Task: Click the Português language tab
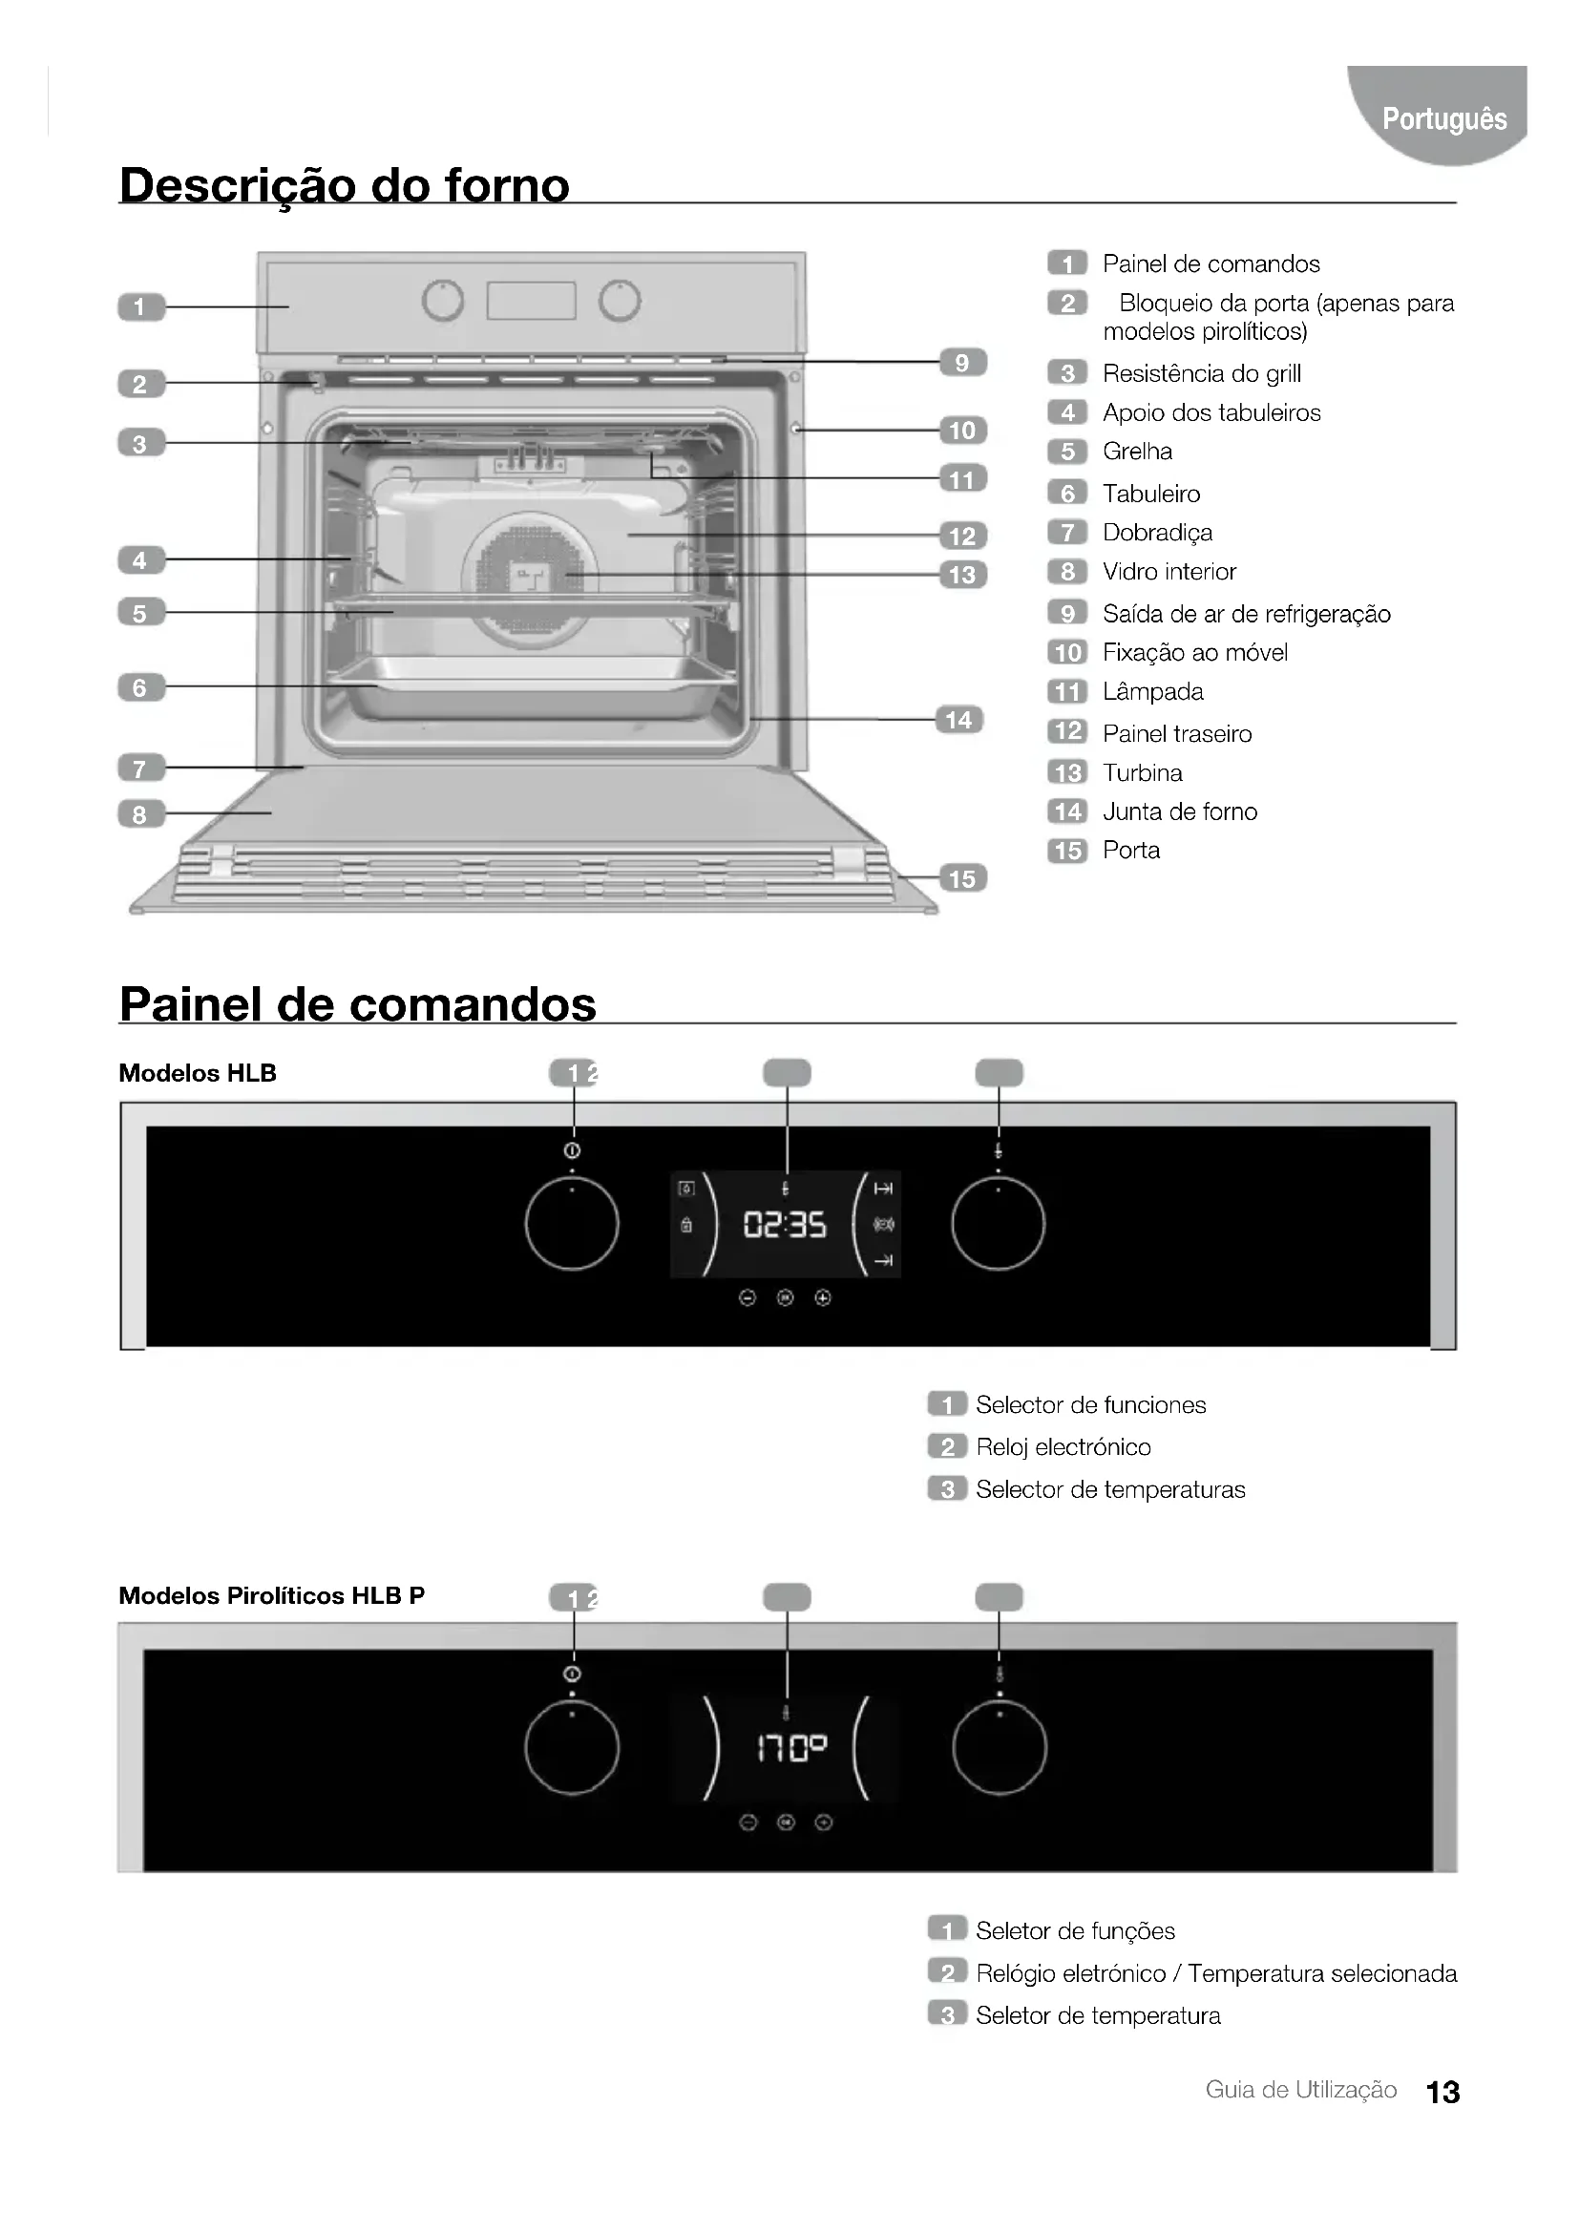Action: [1442, 118]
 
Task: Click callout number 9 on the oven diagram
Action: [961, 363]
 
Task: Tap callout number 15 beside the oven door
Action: [961, 878]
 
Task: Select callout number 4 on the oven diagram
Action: [141, 560]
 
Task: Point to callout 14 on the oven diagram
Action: [958, 720]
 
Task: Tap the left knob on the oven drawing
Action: [442, 301]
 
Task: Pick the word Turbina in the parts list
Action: [1143, 773]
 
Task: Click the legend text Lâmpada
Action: [1152, 691]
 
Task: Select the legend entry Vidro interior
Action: [1168, 572]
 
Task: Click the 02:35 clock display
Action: [785, 1225]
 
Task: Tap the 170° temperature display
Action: [791, 1751]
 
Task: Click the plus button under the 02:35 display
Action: [823, 1297]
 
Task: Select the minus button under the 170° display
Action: [747, 1822]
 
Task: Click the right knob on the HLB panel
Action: [998, 1224]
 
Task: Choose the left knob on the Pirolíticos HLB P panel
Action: [572, 1748]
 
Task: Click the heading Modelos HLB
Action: [198, 1073]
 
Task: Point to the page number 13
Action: [1442, 2092]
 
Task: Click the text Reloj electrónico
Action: [1063, 1447]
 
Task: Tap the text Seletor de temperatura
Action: [1098, 2016]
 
